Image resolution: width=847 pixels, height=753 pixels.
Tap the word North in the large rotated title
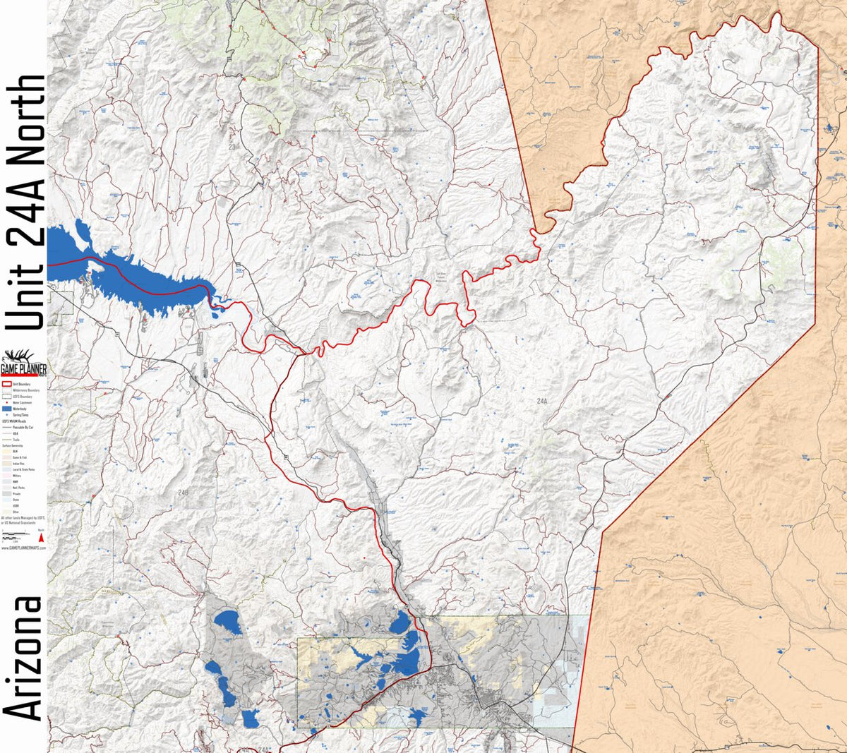(25, 120)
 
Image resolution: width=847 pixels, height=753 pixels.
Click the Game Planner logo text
(23, 369)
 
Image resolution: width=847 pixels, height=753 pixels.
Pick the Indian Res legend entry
(13, 464)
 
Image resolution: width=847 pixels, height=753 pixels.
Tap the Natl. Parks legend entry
(13, 488)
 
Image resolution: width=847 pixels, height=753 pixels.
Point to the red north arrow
(41, 538)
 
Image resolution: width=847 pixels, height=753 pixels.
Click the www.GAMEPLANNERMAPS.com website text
(23, 548)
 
